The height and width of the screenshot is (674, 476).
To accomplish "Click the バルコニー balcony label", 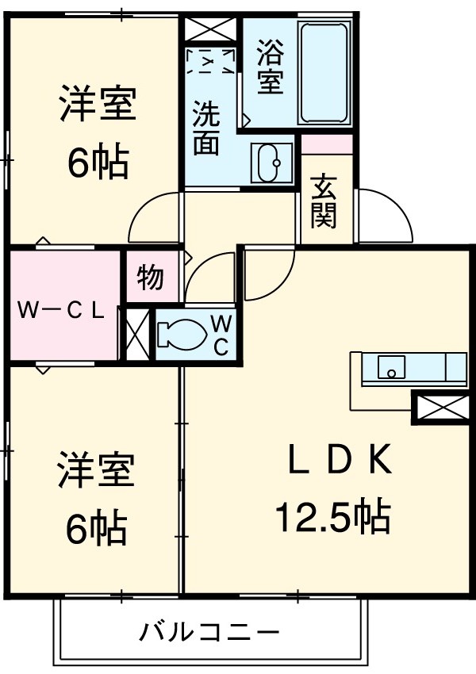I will tap(210, 632).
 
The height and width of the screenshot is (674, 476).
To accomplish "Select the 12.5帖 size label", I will tap(333, 518).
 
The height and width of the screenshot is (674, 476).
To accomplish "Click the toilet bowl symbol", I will tap(181, 333).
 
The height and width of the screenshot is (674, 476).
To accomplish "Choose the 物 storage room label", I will tap(151, 278).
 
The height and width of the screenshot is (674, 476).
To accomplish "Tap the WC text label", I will tap(221, 334).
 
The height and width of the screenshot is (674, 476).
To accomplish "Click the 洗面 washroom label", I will tap(206, 129).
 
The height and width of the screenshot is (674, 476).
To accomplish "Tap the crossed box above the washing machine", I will tap(211, 29).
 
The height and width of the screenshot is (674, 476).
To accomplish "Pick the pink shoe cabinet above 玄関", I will tap(327, 144).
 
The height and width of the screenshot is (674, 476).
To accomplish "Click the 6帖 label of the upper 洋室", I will tap(98, 162).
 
